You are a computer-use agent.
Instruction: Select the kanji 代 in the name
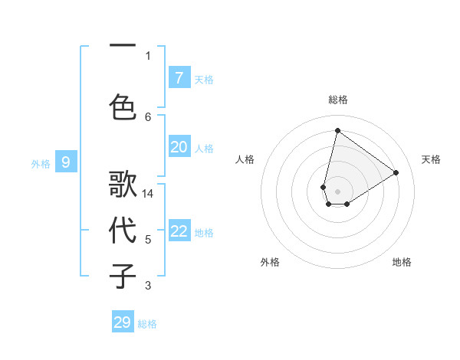pyautogui.click(x=123, y=231)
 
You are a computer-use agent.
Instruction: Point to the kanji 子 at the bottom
pyautogui.click(x=123, y=275)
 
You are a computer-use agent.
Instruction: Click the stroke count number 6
pyautogui.click(x=148, y=116)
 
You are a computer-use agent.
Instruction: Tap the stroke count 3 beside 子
pyautogui.click(x=148, y=286)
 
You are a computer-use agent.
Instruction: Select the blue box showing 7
pyautogui.click(x=179, y=78)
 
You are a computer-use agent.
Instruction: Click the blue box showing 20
pyautogui.click(x=179, y=147)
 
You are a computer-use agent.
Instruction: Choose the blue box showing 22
pyautogui.click(x=179, y=231)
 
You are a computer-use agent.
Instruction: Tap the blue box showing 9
pyautogui.click(x=66, y=162)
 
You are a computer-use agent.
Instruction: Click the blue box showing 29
pyautogui.click(x=123, y=322)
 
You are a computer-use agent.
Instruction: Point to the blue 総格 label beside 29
pyautogui.click(x=147, y=324)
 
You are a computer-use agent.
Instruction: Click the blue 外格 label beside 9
pyautogui.click(x=40, y=163)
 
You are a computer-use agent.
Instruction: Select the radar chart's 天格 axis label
pyautogui.click(x=431, y=159)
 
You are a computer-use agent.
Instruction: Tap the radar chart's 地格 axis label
pyautogui.click(x=402, y=262)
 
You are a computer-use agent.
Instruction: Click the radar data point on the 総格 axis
pyautogui.click(x=337, y=130)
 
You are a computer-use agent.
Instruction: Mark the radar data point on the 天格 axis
pyautogui.click(x=396, y=172)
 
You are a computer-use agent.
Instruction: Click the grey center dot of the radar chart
pyautogui.click(x=337, y=191)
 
